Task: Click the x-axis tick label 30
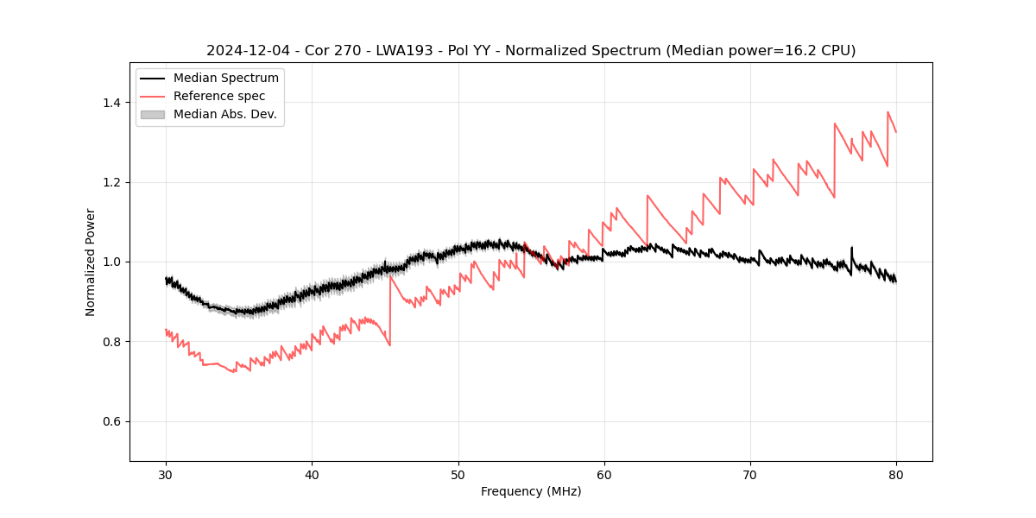coord(166,474)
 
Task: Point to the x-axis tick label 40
coord(312,474)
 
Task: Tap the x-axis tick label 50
coord(458,474)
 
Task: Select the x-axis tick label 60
coord(604,474)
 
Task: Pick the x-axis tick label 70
coord(750,474)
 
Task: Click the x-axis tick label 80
coord(896,474)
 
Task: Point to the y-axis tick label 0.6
coord(111,421)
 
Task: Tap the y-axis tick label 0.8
coord(111,342)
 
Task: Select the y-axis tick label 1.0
coord(111,262)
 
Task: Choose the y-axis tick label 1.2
coord(111,182)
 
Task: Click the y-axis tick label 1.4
coord(111,103)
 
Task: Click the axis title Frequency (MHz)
coord(531,491)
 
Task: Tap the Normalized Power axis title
coord(91,262)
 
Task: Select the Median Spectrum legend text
coord(225,79)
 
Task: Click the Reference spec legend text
coord(219,96)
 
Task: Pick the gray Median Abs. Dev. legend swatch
coord(152,114)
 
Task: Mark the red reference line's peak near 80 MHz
coord(888,112)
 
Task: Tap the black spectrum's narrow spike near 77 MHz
coord(851,248)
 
